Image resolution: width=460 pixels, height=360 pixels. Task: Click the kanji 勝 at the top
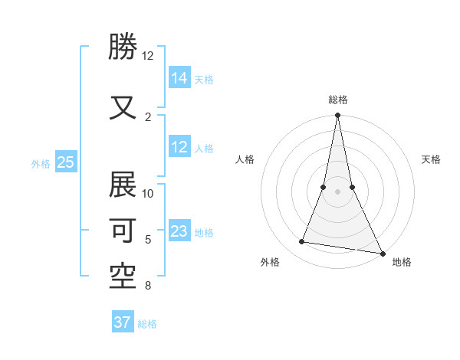click(x=123, y=47)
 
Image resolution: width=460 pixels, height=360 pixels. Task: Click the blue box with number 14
click(x=179, y=77)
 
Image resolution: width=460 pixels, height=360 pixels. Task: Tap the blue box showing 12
click(x=179, y=147)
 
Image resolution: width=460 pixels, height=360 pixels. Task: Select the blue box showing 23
click(x=179, y=231)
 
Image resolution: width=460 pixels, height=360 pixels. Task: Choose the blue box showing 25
click(x=66, y=162)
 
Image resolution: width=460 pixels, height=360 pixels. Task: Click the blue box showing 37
click(x=123, y=322)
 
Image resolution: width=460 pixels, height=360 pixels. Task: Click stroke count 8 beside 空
click(x=148, y=286)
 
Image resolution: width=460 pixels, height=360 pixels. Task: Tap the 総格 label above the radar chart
click(x=337, y=100)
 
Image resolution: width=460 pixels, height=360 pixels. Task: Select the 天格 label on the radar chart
click(x=431, y=159)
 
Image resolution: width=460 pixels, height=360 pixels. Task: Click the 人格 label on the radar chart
click(x=245, y=159)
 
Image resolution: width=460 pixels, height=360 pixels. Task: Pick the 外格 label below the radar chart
click(x=270, y=262)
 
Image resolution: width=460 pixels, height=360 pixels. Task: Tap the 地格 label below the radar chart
click(x=402, y=262)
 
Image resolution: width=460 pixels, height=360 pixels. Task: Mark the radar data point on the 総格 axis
click(x=337, y=116)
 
